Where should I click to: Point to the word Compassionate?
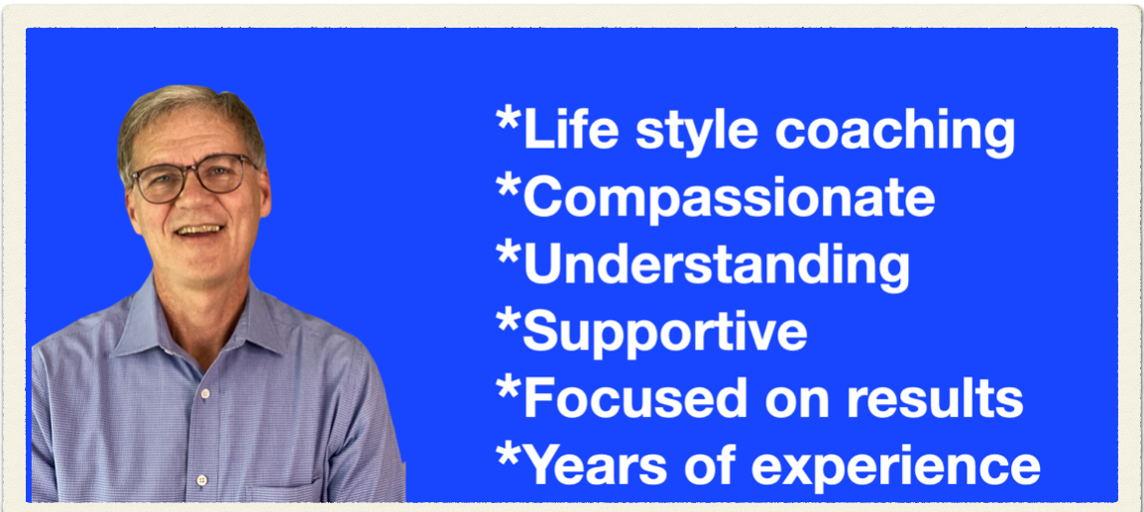pos(729,197)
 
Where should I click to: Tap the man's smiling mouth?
pos(199,231)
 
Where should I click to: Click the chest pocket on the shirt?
pos(285,491)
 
